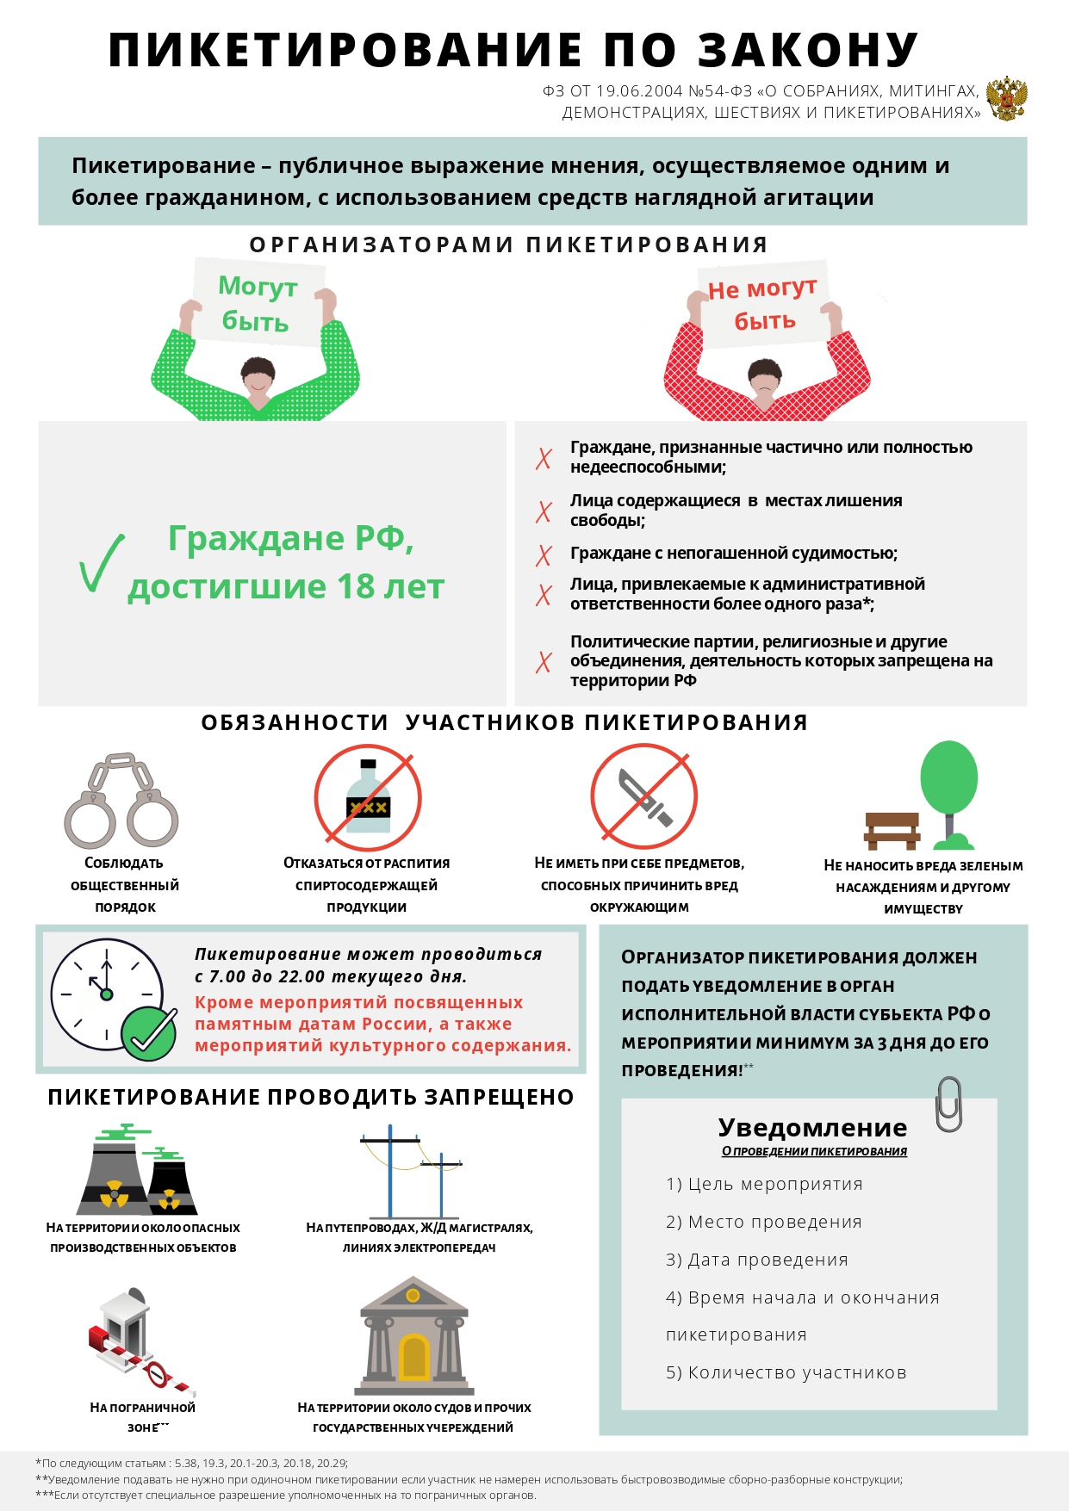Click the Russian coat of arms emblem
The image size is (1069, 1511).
[1006, 98]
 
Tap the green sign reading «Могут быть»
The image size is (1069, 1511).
[257, 303]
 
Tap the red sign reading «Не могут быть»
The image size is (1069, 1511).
[762, 305]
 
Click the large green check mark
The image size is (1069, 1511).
[101, 564]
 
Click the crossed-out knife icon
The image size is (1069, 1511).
[643, 797]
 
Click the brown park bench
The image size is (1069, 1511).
[892, 830]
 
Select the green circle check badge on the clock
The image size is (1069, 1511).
[149, 1034]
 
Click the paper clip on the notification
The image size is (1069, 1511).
[948, 1104]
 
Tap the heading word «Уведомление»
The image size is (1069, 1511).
[812, 1128]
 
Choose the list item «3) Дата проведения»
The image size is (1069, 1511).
[756, 1260]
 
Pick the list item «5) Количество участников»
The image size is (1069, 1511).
[786, 1372]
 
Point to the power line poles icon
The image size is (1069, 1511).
[411, 1171]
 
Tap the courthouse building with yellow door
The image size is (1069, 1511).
[413, 1337]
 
